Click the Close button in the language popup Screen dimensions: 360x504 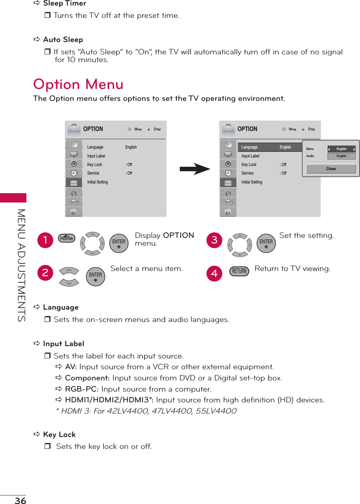click(331, 169)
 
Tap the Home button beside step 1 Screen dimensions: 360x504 click(67, 238)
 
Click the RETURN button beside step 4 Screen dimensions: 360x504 click(239, 271)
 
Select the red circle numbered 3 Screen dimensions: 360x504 click(214, 240)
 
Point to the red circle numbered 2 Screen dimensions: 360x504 click(45, 273)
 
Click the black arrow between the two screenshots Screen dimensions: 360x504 click(195, 169)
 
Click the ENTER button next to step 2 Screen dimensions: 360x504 click(96, 277)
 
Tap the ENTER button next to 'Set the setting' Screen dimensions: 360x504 click(266, 243)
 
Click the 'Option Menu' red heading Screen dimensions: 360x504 click(78, 84)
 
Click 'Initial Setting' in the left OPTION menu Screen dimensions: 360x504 click(98, 182)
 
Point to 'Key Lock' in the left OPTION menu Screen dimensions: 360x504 click(95, 165)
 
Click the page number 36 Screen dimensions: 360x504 click(20, 501)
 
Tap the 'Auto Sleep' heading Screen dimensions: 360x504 click(63, 40)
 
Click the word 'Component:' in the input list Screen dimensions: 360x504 click(87, 378)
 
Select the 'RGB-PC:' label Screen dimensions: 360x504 click(82, 389)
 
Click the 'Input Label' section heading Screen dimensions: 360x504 click(64, 344)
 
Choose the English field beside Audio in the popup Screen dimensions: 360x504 click(341, 156)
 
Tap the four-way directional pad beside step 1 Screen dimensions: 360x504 click(92, 244)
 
